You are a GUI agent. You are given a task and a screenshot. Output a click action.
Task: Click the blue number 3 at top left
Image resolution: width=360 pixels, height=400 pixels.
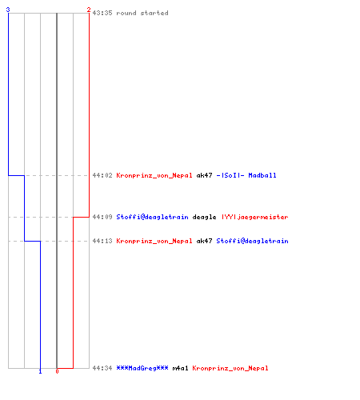click(8, 10)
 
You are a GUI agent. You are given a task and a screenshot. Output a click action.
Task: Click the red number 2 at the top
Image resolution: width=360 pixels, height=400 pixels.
click(89, 10)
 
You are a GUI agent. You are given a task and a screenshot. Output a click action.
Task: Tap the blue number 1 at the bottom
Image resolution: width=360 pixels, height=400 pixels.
click(40, 371)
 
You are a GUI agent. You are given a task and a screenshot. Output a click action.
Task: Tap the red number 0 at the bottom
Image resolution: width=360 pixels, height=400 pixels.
click(57, 371)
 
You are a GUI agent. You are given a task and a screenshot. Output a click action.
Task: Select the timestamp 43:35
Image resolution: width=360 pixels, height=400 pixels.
click(102, 13)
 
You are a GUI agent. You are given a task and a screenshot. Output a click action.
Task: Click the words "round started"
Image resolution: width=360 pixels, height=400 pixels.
click(142, 13)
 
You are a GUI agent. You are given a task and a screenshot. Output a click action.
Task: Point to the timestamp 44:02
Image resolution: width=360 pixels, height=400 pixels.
click(102, 175)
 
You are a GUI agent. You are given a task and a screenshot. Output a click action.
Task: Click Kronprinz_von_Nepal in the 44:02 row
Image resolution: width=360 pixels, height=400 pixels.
click(154, 175)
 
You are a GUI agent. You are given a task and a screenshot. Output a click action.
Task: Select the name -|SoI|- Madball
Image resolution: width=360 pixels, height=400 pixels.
click(246, 175)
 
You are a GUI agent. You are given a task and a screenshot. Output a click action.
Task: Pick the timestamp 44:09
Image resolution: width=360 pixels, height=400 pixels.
click(102, 217)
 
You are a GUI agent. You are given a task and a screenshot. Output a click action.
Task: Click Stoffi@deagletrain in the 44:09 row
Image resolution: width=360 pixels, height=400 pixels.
click(152, 217)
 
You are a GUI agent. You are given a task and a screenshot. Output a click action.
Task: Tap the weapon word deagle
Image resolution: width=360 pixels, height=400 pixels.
click(204, 217)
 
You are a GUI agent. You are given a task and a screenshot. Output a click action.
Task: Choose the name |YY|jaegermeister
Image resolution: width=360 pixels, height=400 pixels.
click(254, 217)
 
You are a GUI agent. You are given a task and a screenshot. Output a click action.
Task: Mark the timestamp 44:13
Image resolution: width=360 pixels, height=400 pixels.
click(102, 241)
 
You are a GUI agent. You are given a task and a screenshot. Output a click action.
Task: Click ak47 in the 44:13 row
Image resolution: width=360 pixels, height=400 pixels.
click(204, 241)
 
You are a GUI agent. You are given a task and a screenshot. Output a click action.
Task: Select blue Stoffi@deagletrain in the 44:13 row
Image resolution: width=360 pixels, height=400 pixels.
click(252, 241)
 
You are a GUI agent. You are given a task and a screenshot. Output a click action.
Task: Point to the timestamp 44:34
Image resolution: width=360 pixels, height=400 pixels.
click(102, 368)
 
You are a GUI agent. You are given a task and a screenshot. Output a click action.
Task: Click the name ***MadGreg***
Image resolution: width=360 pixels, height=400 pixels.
click(142, 368)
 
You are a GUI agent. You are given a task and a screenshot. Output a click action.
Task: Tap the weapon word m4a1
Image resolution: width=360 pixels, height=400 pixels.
click(180, 368)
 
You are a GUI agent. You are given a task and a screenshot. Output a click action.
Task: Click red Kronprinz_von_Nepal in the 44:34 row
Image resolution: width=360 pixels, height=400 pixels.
click(230, 368)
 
